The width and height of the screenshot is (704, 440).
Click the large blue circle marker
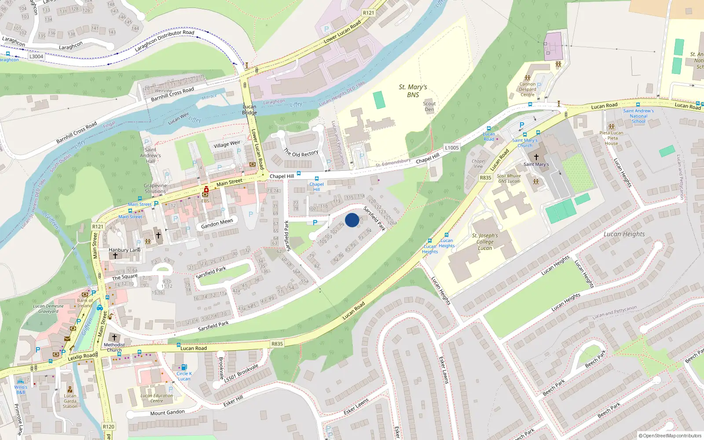pyautogui.click(x=352, y=220)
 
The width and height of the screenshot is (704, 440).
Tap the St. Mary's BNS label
pyautogui.click(x=413, y=91)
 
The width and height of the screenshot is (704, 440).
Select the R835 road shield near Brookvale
pyautogui.click(x=277, y=344)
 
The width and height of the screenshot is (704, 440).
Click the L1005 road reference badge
pyautogui.click(x=451, y=148)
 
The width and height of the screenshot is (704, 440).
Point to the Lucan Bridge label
pyautogui.click(x=249, y=110)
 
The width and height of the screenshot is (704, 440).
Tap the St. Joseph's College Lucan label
pyautogui.click(x=485, y=242)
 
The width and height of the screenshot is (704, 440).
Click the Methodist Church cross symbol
pyautogui.click(x=114, y=337)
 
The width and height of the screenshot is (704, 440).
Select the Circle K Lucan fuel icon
pyautogui.click(x=184, y=367)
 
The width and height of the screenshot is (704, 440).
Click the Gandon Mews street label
pyautogui.click(x=217, y=224)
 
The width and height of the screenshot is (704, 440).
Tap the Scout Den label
pyautogui.click(x=429, y=106)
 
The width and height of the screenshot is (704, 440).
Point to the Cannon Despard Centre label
pyautogui.click(x=528, y=89)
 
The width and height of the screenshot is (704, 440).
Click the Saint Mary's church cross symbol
pyautogui.click(x=536, y=157)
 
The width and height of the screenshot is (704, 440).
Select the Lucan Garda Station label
pyautogui.click(x=70, y=401)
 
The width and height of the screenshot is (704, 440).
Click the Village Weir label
pyautogui.click(x=227, y=144)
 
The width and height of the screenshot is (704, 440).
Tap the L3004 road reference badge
pyautogui.click(x=36, y=56)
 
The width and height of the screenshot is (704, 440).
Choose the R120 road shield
pyautogui.click(x=108, y=426)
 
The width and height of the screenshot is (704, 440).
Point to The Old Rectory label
pyautogui.click(x=301, y=153)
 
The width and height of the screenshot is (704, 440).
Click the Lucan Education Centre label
pyautogui.click(x=157, y=398)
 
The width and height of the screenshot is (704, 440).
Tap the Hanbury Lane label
pyautogui.click(x=125, y=250)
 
